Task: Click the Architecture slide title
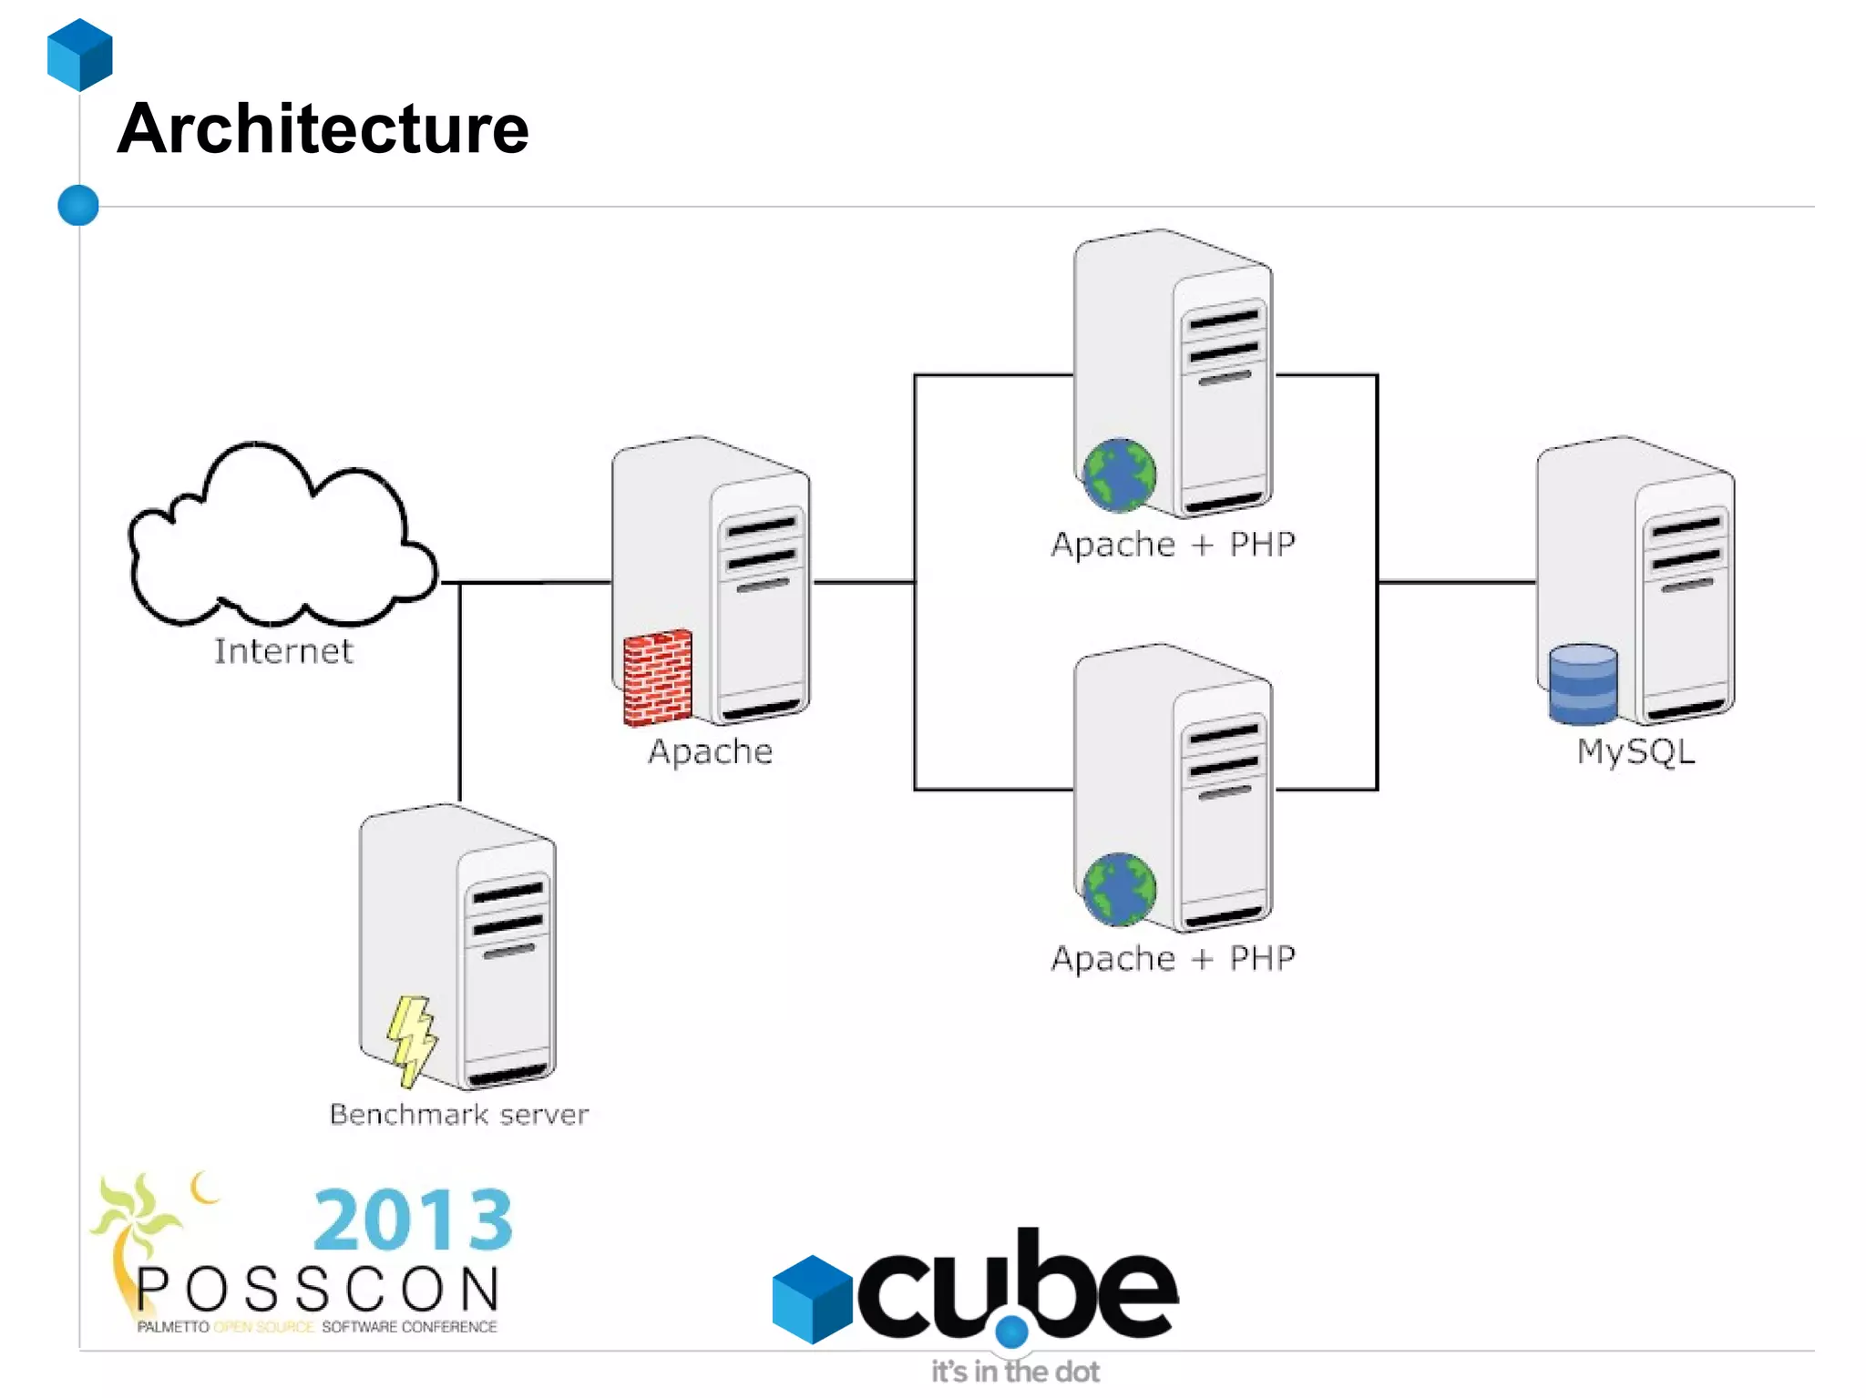coord(323,129)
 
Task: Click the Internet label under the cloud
coord(283,651)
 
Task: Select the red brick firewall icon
coord(657,678)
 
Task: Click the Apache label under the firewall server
coord(711,751)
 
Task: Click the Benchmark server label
coord(459,1114)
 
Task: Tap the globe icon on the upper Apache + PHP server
coord(1119,475)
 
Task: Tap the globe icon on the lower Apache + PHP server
coord(1119,889)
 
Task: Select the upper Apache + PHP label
coord(1173,545)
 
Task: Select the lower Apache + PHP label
coord(1173,958)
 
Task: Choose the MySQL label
coord(1635,752)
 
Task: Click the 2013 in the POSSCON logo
coord(413,1219)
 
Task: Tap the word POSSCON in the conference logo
coord(318,1290)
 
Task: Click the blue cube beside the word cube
coord(811,1299)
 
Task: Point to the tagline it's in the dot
coord(1015,1372)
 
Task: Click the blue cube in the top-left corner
coord(80,55)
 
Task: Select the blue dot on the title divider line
coord(78,205)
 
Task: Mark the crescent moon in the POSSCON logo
coord(203,1188)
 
